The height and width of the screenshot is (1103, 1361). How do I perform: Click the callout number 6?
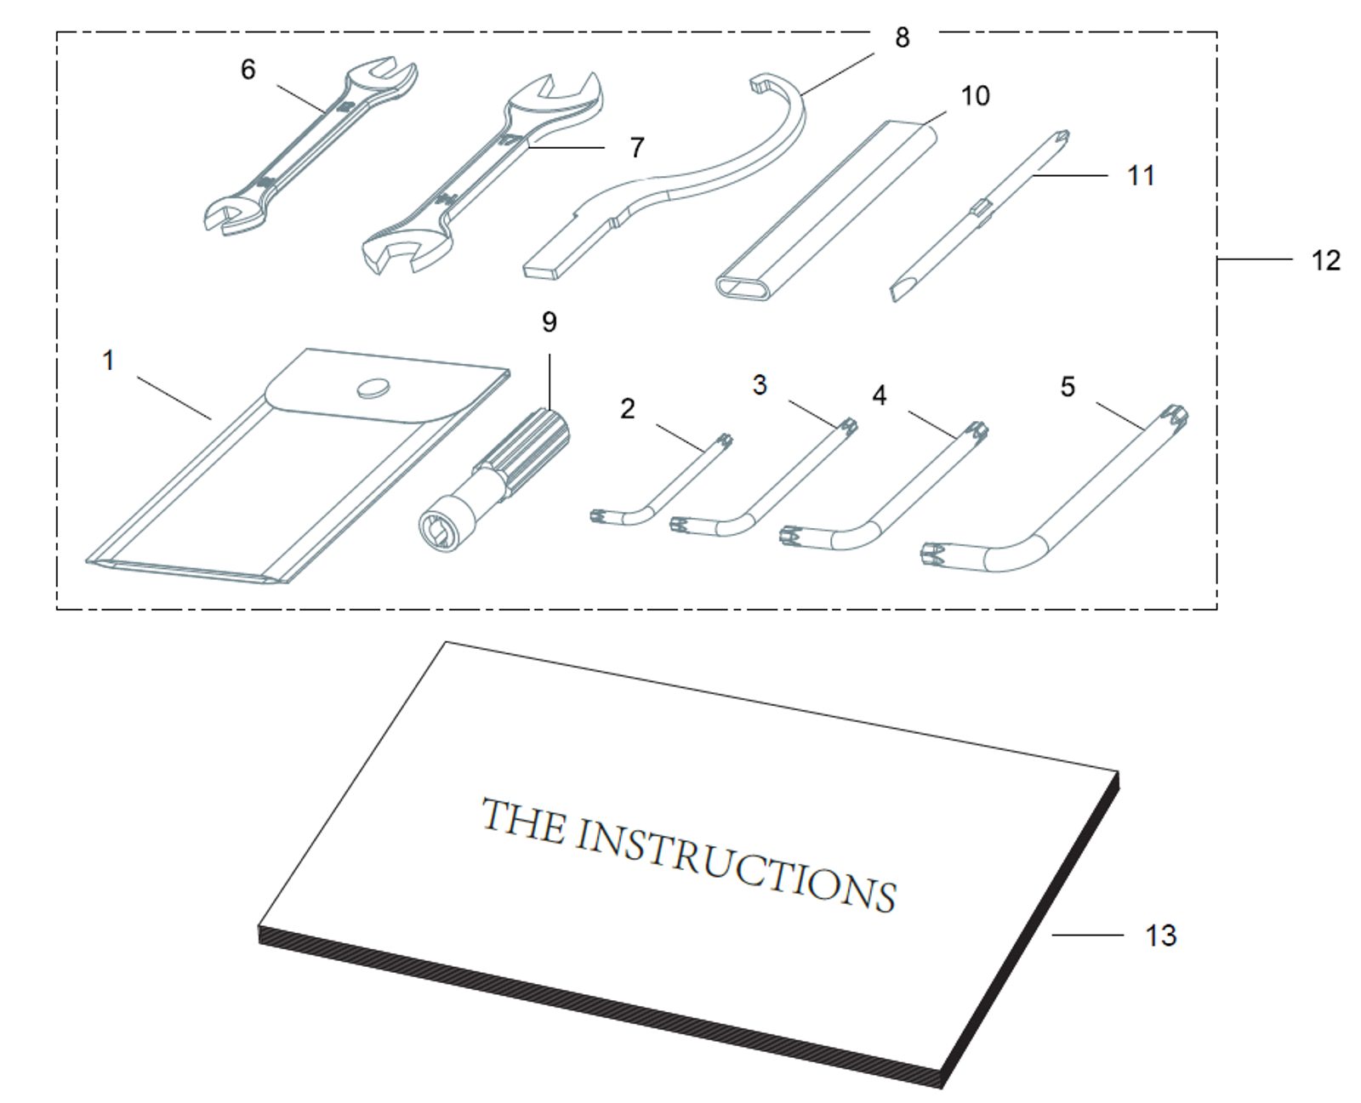[x=248, y=69]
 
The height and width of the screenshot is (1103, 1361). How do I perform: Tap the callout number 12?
[x=1325, y=259]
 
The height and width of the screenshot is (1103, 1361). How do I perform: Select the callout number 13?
[x=1160, y=935]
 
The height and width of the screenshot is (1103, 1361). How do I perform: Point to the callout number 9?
[x=549, y=322]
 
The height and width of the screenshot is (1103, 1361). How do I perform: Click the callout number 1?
[x=108, y=361]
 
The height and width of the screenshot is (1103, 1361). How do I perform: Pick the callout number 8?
[x=902, y=37]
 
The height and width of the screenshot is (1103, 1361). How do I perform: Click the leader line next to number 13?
[x=1087, y=935]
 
